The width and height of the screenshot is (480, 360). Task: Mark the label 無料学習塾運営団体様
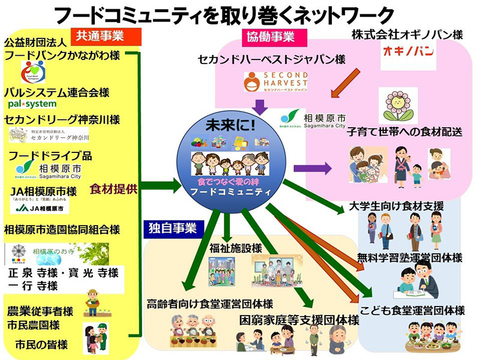[409, 257]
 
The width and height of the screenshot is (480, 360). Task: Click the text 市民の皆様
[41, 344]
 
